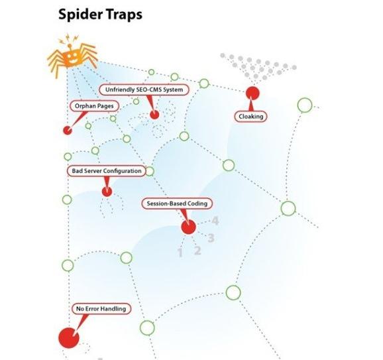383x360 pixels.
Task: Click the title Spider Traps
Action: [100, 14]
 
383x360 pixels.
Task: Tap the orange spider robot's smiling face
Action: [72, 58]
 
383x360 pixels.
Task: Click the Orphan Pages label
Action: [94, 106]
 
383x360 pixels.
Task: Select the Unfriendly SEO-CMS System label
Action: [144, 90]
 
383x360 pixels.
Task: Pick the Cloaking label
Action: [251, 116]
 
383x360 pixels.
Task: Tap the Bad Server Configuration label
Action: [107, 171]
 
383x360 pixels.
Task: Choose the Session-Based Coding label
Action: [177, 204]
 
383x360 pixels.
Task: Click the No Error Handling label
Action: [101, 309]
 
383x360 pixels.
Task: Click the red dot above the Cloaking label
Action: [252, 93]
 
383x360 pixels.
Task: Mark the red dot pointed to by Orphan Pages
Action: [68, 130]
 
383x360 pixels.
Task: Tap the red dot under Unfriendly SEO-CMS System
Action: [154, 115]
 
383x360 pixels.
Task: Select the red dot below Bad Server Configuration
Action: [107, 192]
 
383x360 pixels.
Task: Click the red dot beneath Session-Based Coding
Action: [189, 227]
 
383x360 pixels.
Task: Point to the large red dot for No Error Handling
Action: [69, 338]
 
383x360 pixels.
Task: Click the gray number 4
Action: [215, 221]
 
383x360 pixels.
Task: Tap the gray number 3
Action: [211, 238]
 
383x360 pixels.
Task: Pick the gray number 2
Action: [197, 251]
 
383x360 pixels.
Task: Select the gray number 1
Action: [180, 253]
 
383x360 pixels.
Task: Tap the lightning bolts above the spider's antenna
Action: [69, 39]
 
